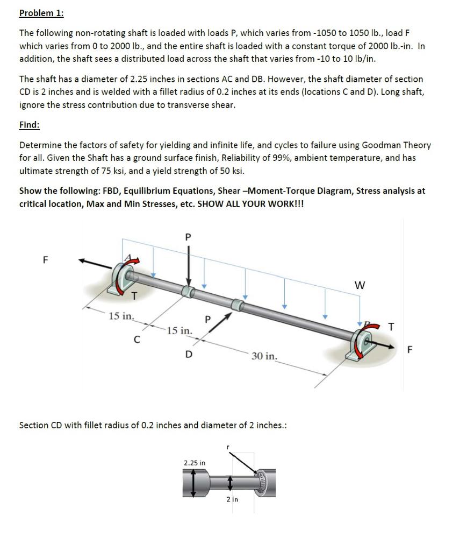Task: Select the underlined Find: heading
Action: (x=29, y=125)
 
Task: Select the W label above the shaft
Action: (x=360, y=286)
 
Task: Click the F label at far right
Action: (x=410, y=350)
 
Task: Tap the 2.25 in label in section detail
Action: (x=194, y=463)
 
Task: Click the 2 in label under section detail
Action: (x=232, y=499)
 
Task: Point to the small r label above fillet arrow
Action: (x=228, y=447)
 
